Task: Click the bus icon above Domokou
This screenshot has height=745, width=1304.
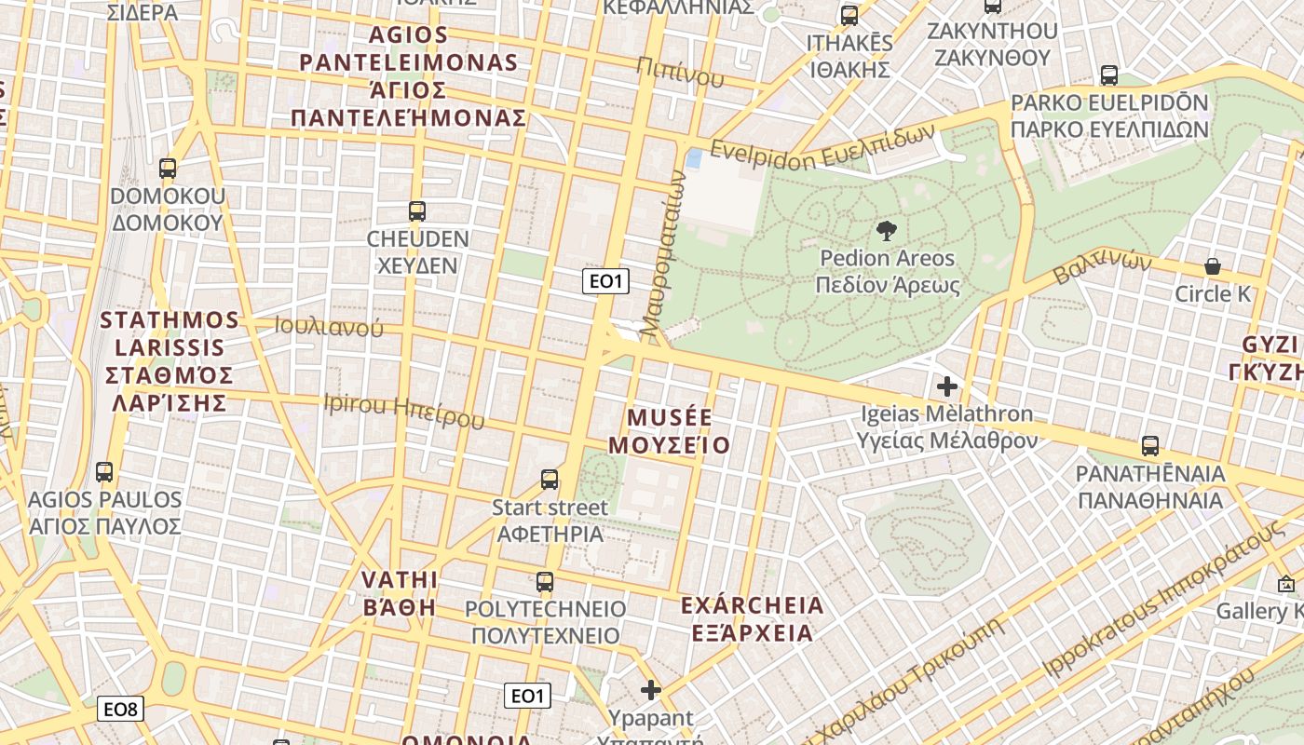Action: click(x=168, y=169)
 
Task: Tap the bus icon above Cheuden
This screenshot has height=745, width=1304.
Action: click(x=417, y=211)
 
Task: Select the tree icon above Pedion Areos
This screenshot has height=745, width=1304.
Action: click(x=887, y=230)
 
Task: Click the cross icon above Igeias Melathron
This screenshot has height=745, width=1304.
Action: click(x=947, y=386)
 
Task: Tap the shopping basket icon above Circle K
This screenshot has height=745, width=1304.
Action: click(x=1213, y=266)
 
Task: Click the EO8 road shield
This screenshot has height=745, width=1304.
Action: click(x=120, y=710)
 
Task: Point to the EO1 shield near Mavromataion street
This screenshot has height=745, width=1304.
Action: click(x=605, y=281)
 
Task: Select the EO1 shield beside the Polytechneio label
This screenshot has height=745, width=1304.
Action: click(x=527, y=696)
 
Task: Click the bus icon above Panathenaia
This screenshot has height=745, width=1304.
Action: click(x=1150, y=446)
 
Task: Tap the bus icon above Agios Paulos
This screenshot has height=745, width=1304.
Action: click(x=104, y=472)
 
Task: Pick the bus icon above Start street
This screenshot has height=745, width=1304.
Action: click(x=550, y=480)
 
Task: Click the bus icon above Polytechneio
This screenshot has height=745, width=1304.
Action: click(x=545, y=582)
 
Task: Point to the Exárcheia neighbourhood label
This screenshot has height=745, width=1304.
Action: click(x=752, y=619)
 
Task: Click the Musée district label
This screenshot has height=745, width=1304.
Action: click(x=669, y=431)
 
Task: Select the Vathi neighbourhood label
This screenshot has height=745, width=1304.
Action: click(x=399, y=593)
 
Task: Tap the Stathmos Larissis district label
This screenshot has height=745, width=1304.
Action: click(x=169, y=361)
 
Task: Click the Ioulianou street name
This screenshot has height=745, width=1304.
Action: click(x=329, y=327)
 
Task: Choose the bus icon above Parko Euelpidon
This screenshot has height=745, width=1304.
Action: click(x=1108, y=75)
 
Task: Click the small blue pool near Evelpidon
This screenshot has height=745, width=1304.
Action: click(x=694, y=158)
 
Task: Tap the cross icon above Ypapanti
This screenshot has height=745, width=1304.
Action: click(x=651, y=690)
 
